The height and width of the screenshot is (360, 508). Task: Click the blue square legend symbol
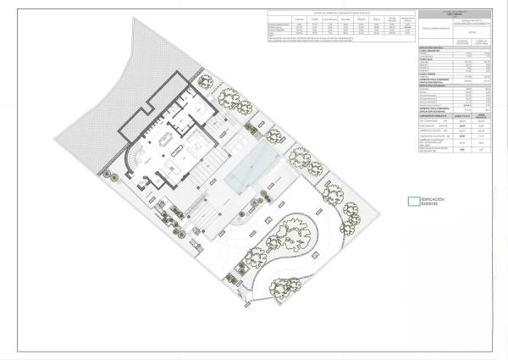tap(412, 202)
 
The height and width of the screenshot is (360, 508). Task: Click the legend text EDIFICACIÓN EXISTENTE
tap(434, 202)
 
